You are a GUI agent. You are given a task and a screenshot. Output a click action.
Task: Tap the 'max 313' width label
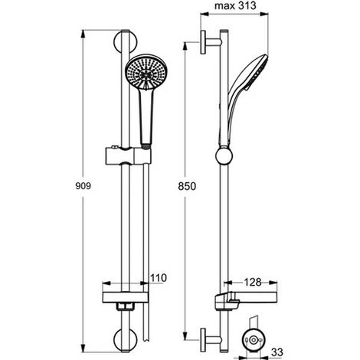click(x=235, y=8)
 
